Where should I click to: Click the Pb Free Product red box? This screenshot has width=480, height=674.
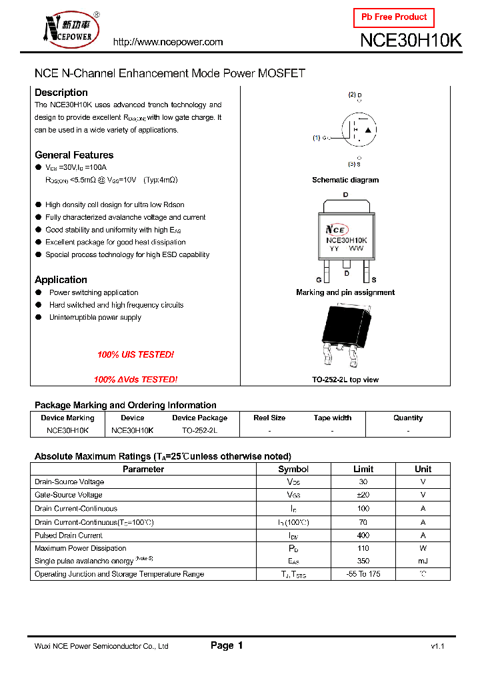(x=393, y=17)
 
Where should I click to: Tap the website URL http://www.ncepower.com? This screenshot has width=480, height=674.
(x=168, y=42)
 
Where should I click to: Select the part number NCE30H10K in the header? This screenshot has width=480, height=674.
(x=411, y=41)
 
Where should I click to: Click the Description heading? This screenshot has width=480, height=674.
(x=61, y=93)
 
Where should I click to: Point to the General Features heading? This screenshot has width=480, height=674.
(x=74, y=155)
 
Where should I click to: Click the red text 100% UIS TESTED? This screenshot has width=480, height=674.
(x=135, y=355)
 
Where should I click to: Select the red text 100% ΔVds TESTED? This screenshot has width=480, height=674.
(x=135, y=380)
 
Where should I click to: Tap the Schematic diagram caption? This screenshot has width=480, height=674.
(x=345, y=180)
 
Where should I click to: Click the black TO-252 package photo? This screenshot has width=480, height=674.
(x=345, y=334)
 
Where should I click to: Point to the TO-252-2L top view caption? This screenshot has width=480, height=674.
(x=345, y=380)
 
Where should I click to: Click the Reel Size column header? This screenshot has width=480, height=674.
(x=269, y=418)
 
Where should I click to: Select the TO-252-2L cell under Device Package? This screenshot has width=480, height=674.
(x=199, y=431)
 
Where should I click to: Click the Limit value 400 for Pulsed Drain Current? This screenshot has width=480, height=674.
(x=363, y=535)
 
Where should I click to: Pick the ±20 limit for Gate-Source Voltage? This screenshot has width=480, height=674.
(x=363, y=495)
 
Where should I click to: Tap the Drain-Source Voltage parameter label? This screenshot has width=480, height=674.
(x=69, y=482)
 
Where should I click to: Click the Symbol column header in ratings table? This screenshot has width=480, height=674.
(x=293, y=469)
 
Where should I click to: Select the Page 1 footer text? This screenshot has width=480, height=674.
(x=227, y=645)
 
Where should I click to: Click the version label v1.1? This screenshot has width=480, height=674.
(x=437, y=647)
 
